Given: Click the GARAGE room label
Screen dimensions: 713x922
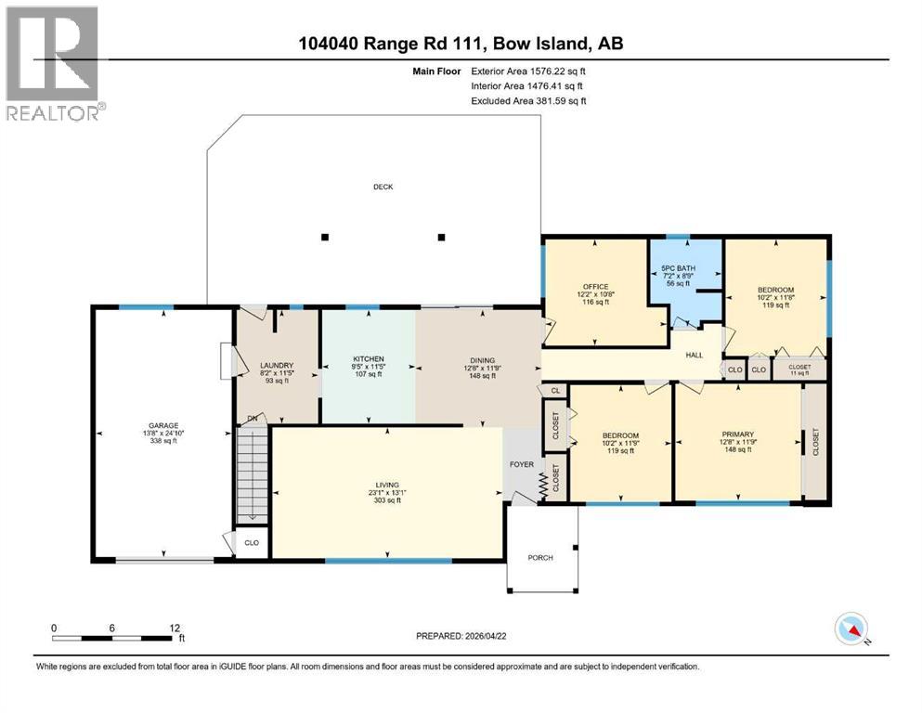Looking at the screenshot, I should tap(162, 426).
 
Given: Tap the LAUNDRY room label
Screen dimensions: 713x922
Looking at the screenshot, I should tap(276, 366).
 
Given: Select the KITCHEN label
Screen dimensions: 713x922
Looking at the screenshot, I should tap(368, 359).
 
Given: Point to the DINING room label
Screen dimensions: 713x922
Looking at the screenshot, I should tap(481, 360).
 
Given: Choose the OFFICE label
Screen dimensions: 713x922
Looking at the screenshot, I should tap(595, 286).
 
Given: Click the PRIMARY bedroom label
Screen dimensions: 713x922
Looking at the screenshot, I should tap(738, 434).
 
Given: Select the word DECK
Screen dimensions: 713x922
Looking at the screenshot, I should tap(383, 187).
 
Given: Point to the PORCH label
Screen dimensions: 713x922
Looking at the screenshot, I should tap(540, 557).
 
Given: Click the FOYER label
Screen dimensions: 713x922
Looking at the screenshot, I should tap(519, 464).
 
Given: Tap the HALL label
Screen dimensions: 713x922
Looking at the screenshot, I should tap(695, 355).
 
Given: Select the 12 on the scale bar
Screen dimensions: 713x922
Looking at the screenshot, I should tap(175, 628).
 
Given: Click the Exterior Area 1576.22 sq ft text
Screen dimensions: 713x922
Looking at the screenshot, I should tap(528, 71).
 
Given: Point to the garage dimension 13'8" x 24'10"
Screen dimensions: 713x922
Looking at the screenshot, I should tap(162, 434).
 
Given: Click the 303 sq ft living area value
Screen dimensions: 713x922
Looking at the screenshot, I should tap(386, 500).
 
